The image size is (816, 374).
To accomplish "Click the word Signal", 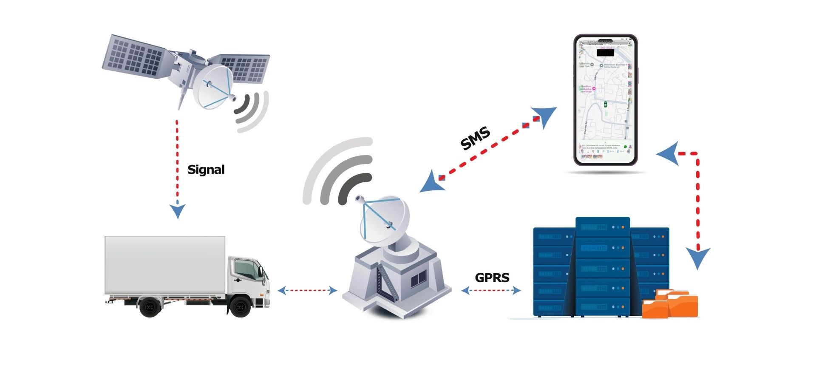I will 206,170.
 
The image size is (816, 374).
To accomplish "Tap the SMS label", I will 475,139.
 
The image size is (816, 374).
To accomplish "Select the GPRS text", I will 492,278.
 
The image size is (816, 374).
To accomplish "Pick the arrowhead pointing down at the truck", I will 178,211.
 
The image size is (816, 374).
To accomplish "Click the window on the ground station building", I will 419,279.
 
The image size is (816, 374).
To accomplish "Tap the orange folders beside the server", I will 670,303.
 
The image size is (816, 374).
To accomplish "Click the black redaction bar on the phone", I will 605,53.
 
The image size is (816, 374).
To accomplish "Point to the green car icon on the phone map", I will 605,104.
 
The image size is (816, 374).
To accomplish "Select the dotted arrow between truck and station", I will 307,291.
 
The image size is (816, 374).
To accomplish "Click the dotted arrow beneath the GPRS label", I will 491,291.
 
